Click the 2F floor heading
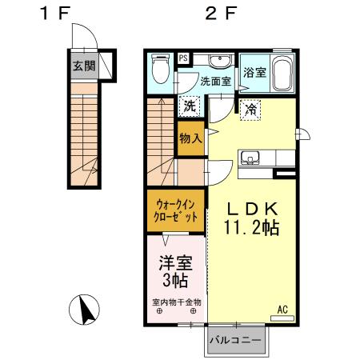coord(221,14)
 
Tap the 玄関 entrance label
coord(85,66)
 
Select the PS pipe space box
coord(183,58)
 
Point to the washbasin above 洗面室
coord(217,63)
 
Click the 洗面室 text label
coord(215,81)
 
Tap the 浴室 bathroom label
coord(255,71)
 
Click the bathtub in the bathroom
coord(282,74)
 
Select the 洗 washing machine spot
coord(189,106)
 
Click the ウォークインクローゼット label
coord(174,210)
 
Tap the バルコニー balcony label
coord(236,340)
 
